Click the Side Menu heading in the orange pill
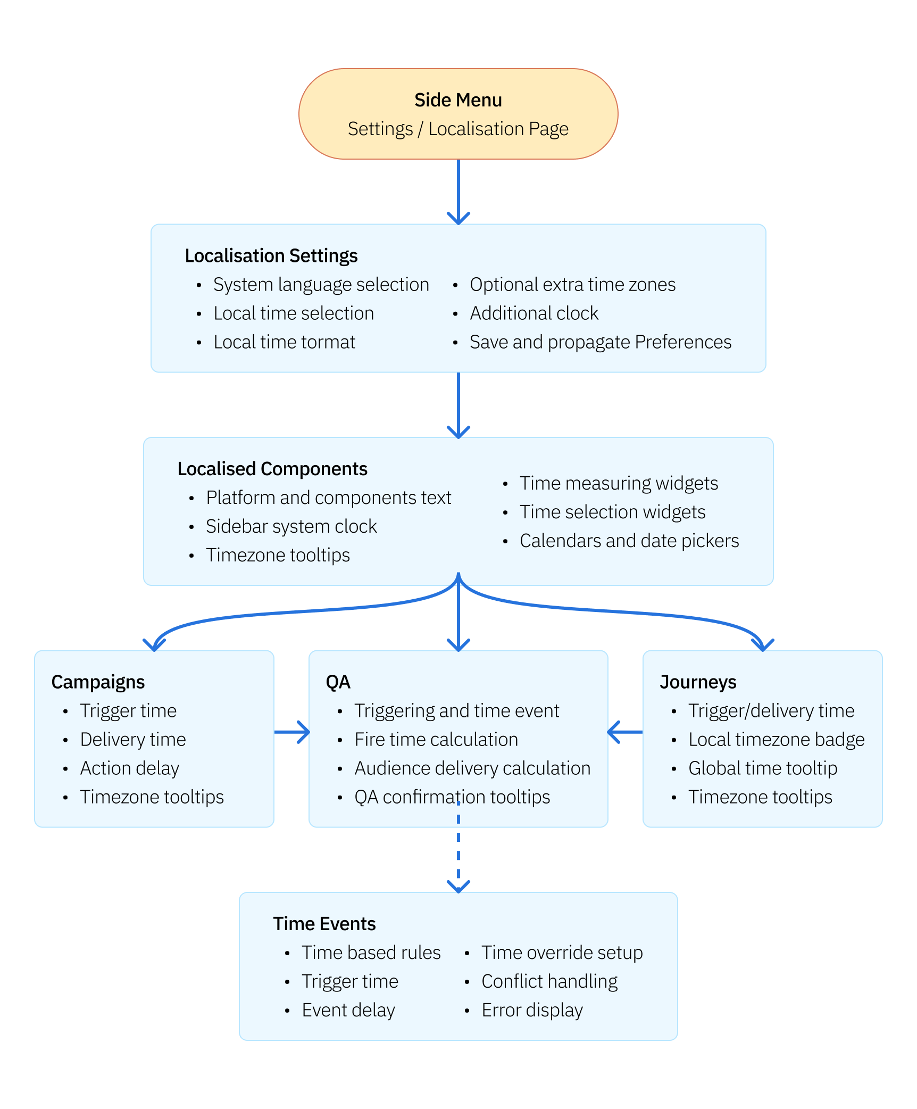point(458,100)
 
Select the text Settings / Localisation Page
point(458,129)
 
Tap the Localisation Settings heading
point(271,255)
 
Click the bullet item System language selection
point(321,285)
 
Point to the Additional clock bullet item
point(534,313)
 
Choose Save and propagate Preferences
point(601,342)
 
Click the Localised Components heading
point(272,469)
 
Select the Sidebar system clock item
point(291,526)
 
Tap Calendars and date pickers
point(629,541)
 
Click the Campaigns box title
point(98,682)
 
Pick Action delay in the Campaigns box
point(129,768)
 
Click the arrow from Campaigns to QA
point(291,732)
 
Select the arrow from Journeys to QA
point(626,732)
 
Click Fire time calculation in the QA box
point(436,740)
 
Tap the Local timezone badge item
point(776,740)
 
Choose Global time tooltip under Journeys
point(762,768)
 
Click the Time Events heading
point(324,924)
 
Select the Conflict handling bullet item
point(549,981)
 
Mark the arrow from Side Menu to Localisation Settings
point(458,192)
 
